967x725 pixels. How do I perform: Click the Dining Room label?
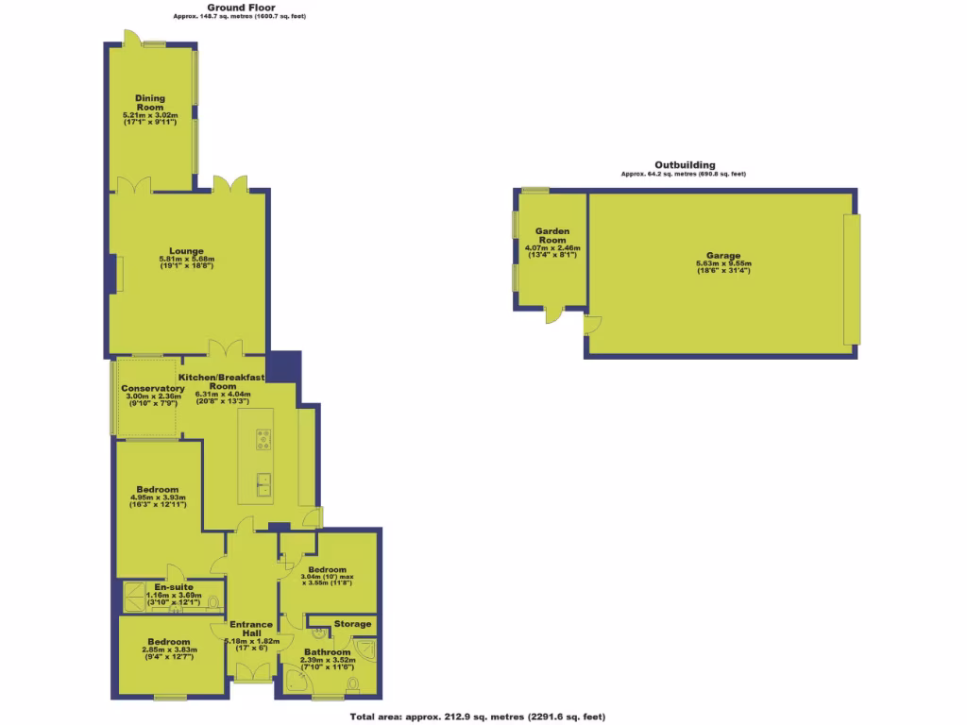[150, 102]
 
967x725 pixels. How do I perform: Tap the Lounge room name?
[186, 251]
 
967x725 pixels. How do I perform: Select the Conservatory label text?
[152, 388]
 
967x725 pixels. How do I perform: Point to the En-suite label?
[172, 586]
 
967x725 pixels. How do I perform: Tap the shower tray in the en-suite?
[134, 595]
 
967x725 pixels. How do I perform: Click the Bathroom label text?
[325, 652]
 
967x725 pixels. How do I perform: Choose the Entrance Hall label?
[250, 629]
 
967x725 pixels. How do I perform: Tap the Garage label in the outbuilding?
[718, 256]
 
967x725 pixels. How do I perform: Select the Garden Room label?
[551, 235]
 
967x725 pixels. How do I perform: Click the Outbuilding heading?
[684, 164]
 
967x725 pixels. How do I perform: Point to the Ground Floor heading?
[241, 7]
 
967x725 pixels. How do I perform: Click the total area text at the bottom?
[477, 717]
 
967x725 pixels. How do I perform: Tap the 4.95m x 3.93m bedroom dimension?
[160, 497]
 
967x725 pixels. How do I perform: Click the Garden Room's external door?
[550, 315]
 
